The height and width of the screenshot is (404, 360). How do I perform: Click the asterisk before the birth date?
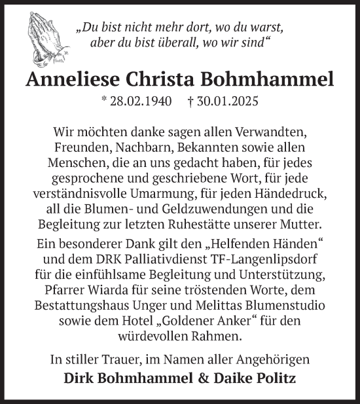(105, 102)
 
